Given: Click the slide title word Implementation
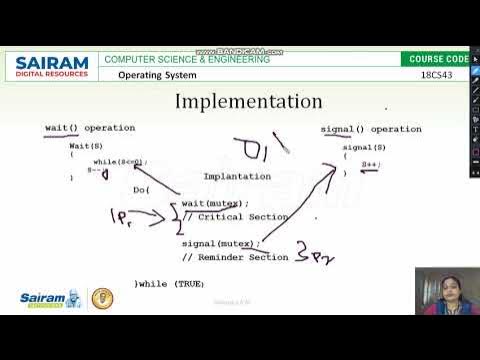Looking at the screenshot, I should point(249,102).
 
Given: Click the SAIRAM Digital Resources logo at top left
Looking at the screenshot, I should point(52,67).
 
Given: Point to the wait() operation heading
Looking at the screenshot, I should point(90,128).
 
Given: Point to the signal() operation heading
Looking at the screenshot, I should point(370,129).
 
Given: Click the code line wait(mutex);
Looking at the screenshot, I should point(215,203).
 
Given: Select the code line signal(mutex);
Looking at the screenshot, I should point(221,243).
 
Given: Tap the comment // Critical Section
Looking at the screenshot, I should point(226,216).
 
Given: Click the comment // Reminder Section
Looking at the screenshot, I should point(234,257).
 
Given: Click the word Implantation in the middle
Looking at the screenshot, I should point(237,176).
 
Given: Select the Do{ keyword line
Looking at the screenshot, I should point(142,189).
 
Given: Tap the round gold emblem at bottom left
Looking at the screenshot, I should point(102,298).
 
